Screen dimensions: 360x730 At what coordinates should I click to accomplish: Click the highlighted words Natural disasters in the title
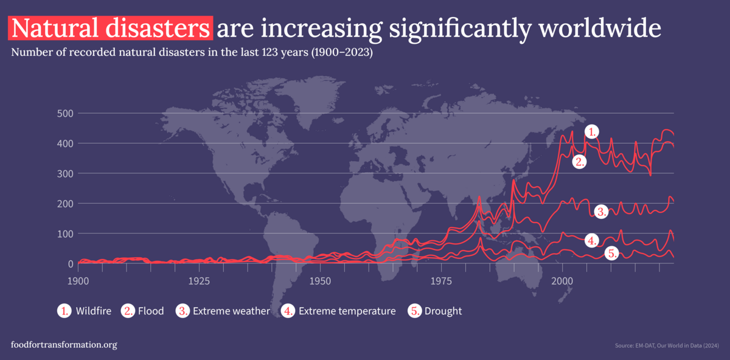click(110, 27)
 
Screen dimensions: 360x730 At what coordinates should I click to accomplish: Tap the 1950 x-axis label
click(320, 282)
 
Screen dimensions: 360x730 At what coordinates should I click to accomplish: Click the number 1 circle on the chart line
click(593, 131)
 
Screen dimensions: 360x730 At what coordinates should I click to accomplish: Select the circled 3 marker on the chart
click(601, 212)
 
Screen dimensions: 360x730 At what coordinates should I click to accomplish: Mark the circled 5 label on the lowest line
click(612, 254)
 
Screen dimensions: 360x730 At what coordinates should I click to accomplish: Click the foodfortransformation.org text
click(64, 345)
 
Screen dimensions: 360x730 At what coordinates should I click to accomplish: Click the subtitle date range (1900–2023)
click(342, 52)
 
